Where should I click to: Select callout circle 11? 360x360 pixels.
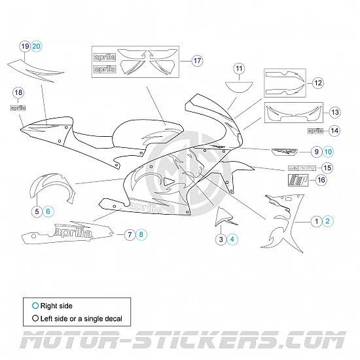pyautogui.click(x=239, y=69)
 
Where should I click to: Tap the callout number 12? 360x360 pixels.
pyautogui.click(x=318, y=82)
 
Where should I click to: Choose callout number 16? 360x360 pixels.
pyautogui.click(x=321, y=179)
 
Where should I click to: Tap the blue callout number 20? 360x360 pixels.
pyautogui.click(x=37, y=46)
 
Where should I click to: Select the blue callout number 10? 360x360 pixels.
pyautogui.click(x=328, y=151)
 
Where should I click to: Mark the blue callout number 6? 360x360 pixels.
pyautogui.click(x=48, y=211)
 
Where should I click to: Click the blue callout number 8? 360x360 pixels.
pyautogui.click(x=143, y=234)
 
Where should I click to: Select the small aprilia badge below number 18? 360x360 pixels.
pyautogui.click(x=18, y=107)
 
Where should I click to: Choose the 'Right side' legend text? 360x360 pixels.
pyautogui.click(x=56, y=305)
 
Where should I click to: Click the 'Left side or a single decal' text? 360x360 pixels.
pyautogui.click(x=81, y=319)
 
